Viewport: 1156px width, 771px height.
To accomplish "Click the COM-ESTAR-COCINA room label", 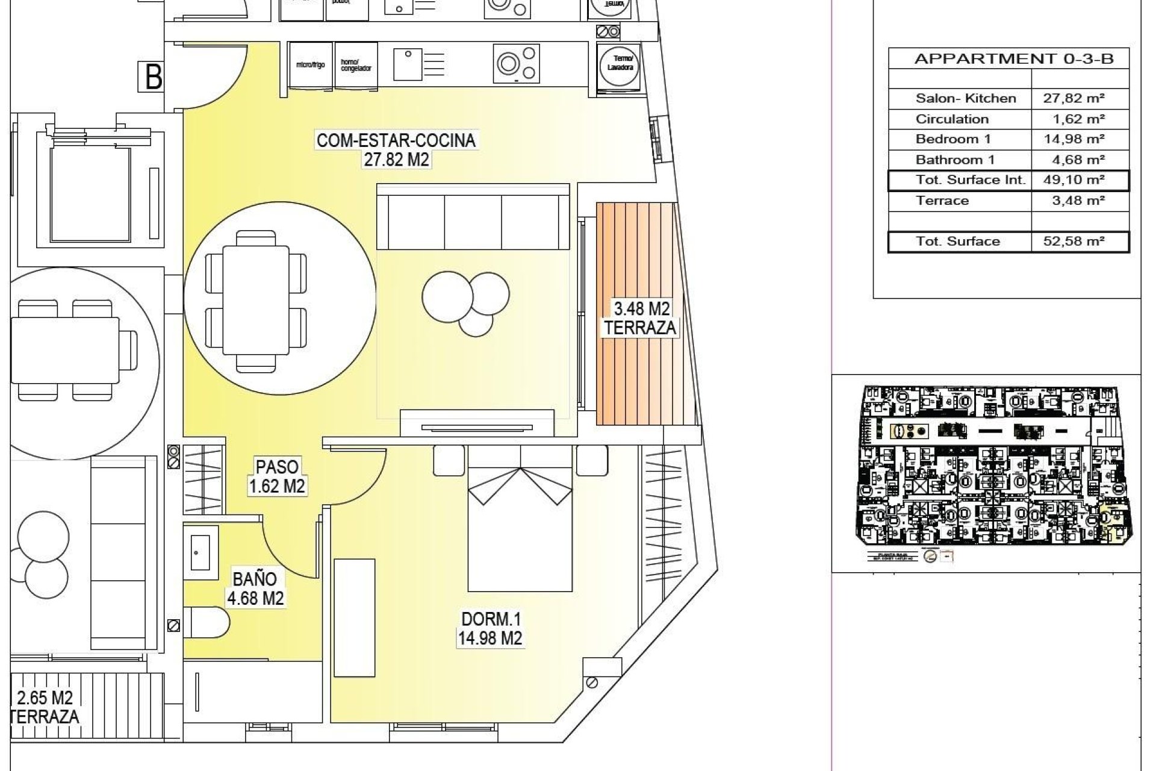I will tap(396, 149).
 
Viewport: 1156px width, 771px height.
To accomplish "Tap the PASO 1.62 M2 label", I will tap(277, 476).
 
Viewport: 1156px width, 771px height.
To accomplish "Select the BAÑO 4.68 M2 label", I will tap(255, 588).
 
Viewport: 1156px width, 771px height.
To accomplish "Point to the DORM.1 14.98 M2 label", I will tap(489, 628).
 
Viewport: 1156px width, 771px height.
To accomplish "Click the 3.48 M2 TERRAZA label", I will tap(640, 319).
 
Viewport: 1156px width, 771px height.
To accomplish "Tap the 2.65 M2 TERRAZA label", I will tap(46, 707).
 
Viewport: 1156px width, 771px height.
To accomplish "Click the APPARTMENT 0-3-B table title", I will tap(1013, 58).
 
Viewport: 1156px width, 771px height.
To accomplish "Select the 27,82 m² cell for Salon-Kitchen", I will tap(1074, 98).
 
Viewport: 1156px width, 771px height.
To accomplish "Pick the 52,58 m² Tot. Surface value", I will tap(1074, 242).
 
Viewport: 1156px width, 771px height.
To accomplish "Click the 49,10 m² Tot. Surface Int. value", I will tap(1074, 179).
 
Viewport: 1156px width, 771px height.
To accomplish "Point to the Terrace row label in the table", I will tap(942, 201).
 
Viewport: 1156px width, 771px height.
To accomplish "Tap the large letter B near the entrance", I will tap(154, 77).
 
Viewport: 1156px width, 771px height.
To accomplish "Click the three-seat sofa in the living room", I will tap(473, 217).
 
